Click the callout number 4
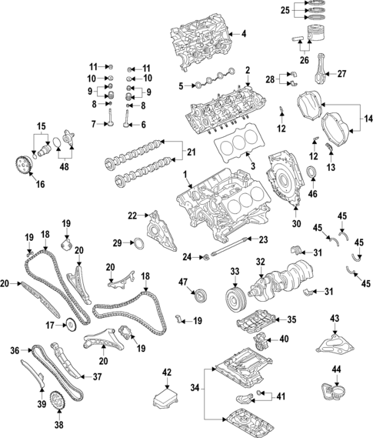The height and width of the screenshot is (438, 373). pyautogui.click(x=244, y=34)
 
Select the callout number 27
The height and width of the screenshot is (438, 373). pyautogui.click(x=341, y=74)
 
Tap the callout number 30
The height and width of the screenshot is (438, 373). pyautogui.click(x=296, y=225)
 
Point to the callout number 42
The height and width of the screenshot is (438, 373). pyautogui.click(x=166, y=373)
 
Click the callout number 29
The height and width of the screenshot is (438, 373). pyautogui.click(x=117, y=243)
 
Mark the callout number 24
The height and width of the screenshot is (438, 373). pyautogui.click(x=186, y=256)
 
